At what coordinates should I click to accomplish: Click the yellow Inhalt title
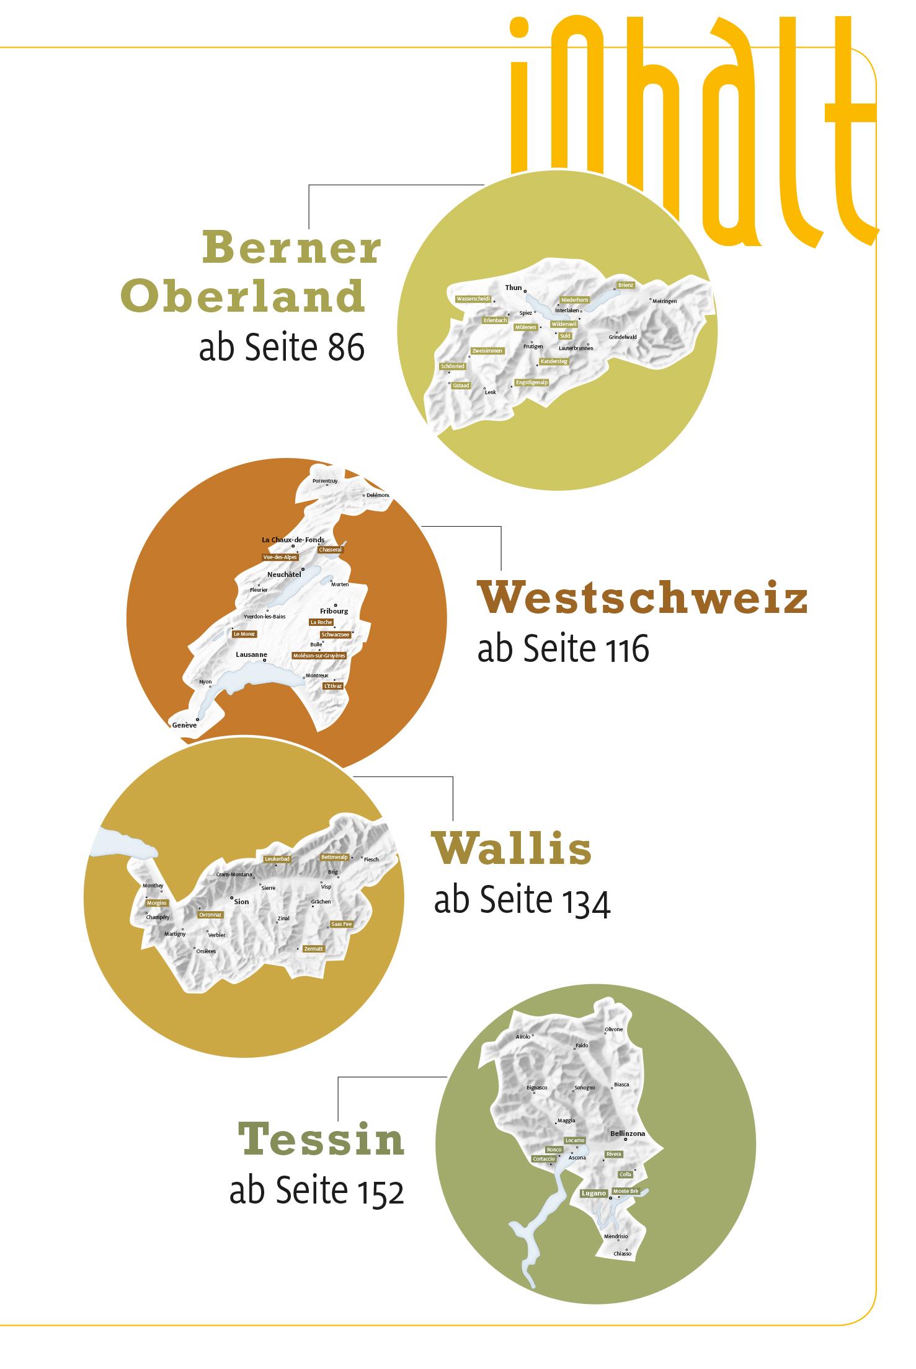691,124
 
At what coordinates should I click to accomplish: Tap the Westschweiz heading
642,599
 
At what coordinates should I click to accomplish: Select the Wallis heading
512,850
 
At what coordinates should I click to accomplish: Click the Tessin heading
321,1139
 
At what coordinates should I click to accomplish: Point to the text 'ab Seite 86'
282,349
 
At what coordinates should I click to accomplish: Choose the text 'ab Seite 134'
522,901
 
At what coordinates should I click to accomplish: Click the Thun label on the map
514,288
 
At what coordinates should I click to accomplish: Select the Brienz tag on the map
626,285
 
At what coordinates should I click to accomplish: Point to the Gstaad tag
461,385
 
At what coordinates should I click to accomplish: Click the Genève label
185,725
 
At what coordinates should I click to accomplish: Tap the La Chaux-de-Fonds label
293,540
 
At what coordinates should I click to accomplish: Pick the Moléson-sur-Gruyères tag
319,655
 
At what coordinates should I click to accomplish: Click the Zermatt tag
313,949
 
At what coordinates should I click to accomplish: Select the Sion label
241,902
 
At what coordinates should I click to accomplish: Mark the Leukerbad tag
277,859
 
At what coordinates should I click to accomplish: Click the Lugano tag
594,1193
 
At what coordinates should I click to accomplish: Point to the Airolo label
523,1037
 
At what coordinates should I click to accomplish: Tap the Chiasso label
622,1254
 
